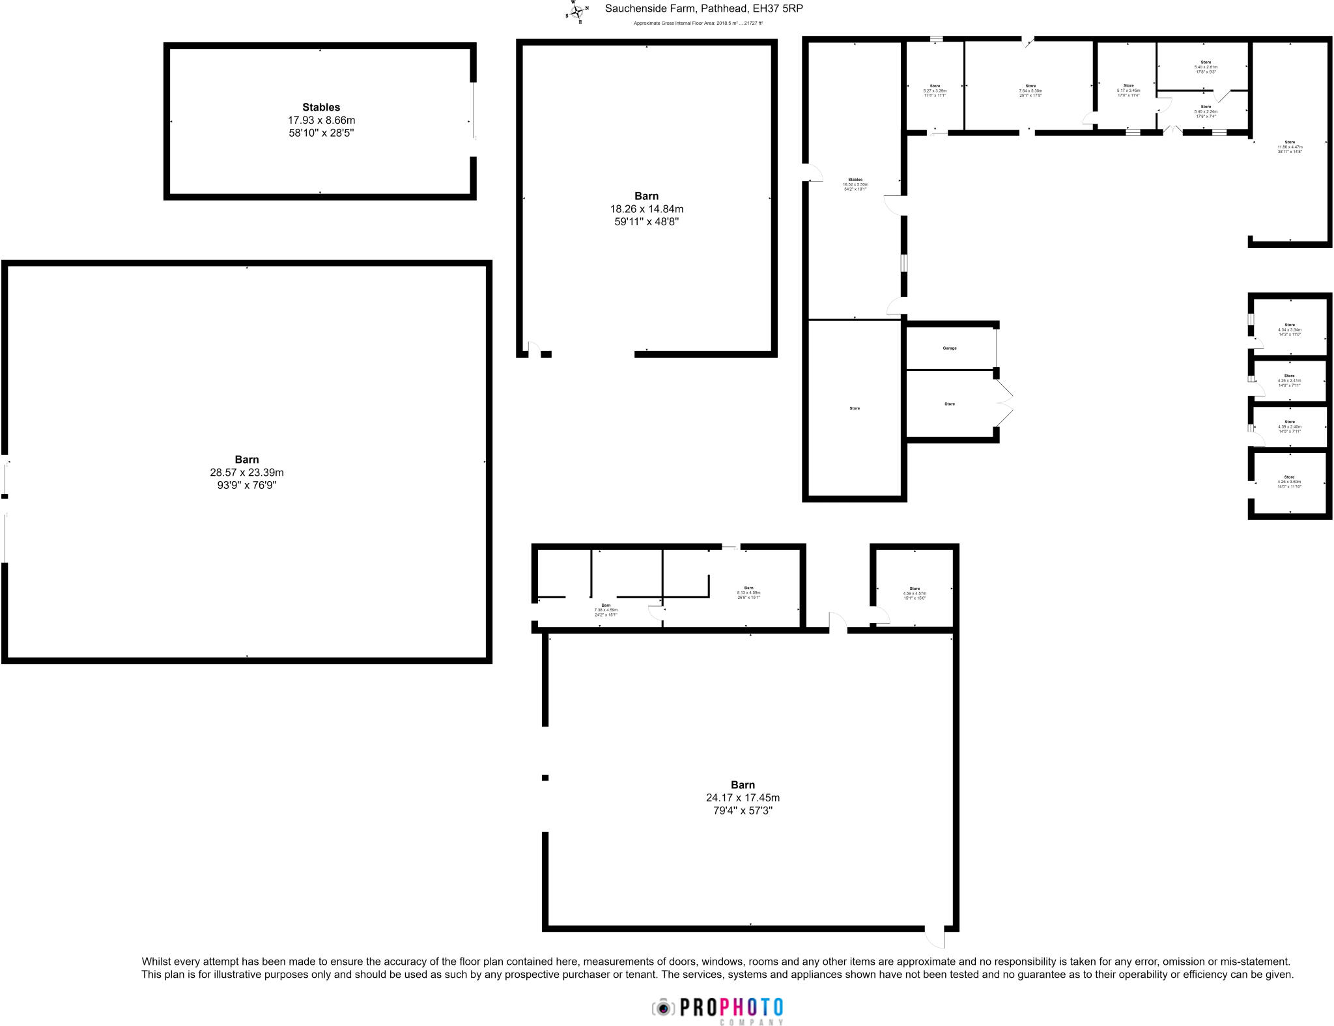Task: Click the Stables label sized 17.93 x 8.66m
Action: point(321,107)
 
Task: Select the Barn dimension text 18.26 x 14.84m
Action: point(646,209)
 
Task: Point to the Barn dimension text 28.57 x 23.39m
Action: point(247,473)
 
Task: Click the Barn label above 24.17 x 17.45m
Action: point(743,785)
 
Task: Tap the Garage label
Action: point(950,348)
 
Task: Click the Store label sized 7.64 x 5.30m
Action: point(1030,86)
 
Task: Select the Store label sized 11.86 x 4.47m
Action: point(1290,142)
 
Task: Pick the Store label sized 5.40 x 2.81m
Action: point(1206,62)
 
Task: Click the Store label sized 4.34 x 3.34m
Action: point(1290,325)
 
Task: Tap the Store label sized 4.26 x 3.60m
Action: point(1290,477)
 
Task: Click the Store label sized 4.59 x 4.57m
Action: point(915,589)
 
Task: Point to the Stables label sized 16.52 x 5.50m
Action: point(855,180)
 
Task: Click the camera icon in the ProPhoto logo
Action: point(663,1008)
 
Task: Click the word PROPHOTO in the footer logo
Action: point(731,1007)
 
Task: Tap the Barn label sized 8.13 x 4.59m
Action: point(748,588)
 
